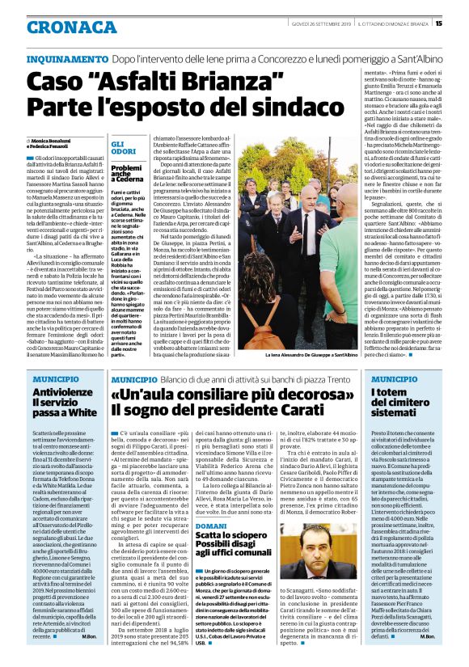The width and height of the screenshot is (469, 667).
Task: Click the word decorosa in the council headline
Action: (x=276, y=395)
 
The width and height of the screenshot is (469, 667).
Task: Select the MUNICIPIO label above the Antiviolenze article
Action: (x=55, y=378)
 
